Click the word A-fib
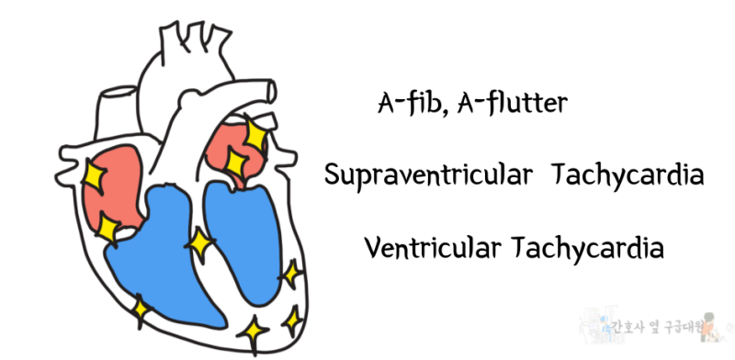pos(401,103)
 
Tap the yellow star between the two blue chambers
pos(198,243)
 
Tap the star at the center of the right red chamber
pos(235,163)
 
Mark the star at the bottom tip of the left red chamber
pos(108,228)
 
